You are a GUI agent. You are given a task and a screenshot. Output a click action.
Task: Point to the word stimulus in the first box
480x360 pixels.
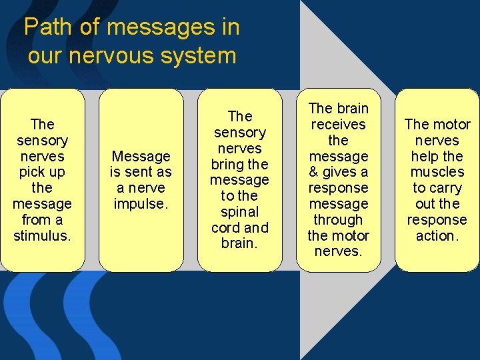pyautogui.click(x=41, y=236)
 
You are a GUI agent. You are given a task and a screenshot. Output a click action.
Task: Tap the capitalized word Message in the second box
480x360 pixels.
pyautogui.click(x=141, y=156)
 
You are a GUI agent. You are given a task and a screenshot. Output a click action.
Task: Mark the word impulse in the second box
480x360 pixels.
pyautogui.click(x=141, y=204)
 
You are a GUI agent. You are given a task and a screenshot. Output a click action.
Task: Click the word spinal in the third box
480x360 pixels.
pyautogui.click(x=239, y=212)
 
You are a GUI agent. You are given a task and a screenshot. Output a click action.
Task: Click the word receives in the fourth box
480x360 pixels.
pyautogui.click(x=338, y=124)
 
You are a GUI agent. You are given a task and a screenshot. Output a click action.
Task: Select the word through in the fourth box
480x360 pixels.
pyautogui.click(x=338, y=220)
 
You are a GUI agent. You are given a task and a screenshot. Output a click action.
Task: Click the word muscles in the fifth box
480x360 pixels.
pyautogui.click(x=437, y=172)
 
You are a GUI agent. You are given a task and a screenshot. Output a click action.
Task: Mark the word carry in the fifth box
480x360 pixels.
pyautogui.click(x=445, y=188)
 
